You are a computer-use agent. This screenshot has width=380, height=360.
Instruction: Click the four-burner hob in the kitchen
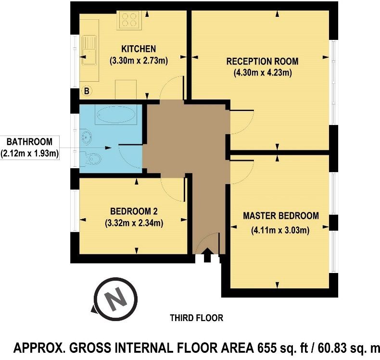coord(129,20)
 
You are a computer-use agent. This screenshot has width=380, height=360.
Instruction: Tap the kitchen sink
coord(89,50)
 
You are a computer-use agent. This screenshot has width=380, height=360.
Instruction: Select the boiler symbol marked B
coord(87,91)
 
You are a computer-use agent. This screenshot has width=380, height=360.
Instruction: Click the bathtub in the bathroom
coord(115,115)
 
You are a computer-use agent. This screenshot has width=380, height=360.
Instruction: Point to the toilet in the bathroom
coord(90,158)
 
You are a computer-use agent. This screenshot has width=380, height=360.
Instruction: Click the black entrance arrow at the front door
coord(208,255)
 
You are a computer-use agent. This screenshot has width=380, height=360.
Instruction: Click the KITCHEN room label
coord(139,49)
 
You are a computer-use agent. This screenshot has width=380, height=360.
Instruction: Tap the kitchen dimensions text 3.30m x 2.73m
coord(139,61)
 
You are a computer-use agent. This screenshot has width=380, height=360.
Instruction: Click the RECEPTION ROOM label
coord(262,61)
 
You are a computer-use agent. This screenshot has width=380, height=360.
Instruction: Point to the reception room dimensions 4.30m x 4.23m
coord(263,73)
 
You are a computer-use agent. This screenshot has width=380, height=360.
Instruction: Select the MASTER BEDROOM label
coord(281,216)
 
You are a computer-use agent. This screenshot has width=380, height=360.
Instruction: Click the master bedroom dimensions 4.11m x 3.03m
coord(280,230)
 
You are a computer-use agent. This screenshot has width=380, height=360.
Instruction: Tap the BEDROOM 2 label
coord(134,211)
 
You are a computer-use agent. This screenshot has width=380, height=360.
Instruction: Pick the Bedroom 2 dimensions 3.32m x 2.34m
coord(134,223)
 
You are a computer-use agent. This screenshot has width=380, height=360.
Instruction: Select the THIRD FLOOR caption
coord(197,318)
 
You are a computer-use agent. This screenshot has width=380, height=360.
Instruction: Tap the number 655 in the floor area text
coord(266,348)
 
